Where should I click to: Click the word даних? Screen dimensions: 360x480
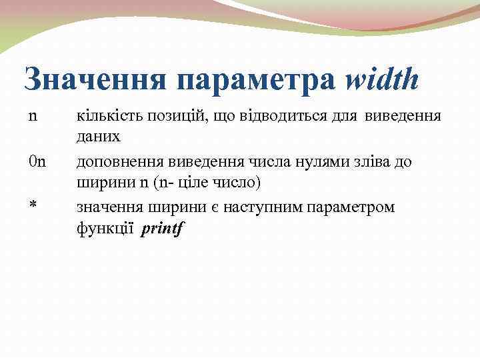click(99, 136)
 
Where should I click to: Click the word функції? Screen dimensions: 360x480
click(105, 228)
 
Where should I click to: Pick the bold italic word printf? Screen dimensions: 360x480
click(163, 228)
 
